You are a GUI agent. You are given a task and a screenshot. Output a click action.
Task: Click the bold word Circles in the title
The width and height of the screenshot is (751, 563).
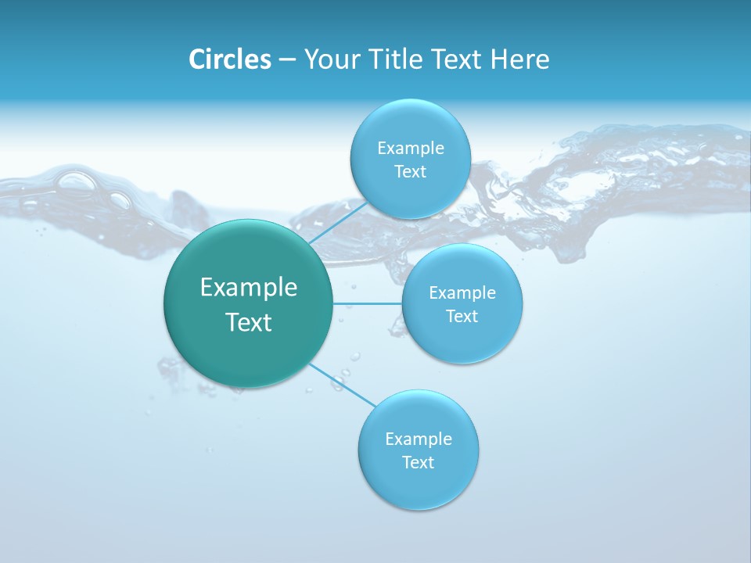point(230,59)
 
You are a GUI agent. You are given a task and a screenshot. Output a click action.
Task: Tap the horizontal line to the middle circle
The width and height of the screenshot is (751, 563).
point(368,303)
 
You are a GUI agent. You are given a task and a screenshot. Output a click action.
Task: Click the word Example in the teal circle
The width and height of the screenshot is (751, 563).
point(249,288)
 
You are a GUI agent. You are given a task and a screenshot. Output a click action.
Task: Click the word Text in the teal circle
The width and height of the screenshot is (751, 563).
point(249,322)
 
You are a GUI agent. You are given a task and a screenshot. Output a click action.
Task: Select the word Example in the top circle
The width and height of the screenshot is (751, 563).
point(411,149)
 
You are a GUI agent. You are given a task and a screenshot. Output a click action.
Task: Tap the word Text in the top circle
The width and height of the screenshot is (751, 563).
point(411,172)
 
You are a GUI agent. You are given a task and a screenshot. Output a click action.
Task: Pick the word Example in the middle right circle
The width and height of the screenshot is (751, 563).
point(462,293)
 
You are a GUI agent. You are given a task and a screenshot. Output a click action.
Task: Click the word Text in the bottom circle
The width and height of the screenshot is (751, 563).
point(419,463)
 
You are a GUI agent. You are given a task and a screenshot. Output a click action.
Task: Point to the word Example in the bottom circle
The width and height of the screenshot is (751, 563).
point(419,439)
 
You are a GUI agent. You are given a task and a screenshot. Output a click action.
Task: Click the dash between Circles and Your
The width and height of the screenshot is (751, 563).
point(286,60)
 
